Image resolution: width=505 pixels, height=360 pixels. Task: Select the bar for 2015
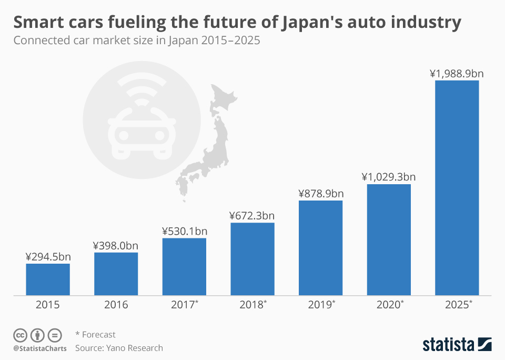tap(48, 279)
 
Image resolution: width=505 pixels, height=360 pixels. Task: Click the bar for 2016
tap(116, 274)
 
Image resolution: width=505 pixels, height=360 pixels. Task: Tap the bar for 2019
tap(320, 247)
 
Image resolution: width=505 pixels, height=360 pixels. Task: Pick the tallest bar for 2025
tap(457, 187)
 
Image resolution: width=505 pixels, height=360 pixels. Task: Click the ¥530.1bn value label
tap(184, 231)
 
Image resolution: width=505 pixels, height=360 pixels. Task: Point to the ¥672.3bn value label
tap(252, 215)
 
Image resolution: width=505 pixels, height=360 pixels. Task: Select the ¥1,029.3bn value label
tap(388, 177)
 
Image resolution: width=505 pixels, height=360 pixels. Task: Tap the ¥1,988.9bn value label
tap(457, 73)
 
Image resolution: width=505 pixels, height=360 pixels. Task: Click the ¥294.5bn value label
tap(48, 256)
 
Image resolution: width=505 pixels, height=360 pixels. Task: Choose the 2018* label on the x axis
tap(252, 305)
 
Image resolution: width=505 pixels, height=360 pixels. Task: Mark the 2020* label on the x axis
tap(388, 305)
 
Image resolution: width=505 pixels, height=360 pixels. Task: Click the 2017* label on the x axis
tap(184, 305)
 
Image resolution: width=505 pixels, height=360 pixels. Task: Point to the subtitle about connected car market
tap(137, 41)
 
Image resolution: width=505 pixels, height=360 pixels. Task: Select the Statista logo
tap(457, 344)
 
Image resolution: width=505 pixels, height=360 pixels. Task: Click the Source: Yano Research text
tap(119, 348)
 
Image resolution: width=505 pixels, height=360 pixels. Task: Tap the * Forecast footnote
tap(95, 334)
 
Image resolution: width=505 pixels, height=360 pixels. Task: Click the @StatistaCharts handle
tap(40, 348)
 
